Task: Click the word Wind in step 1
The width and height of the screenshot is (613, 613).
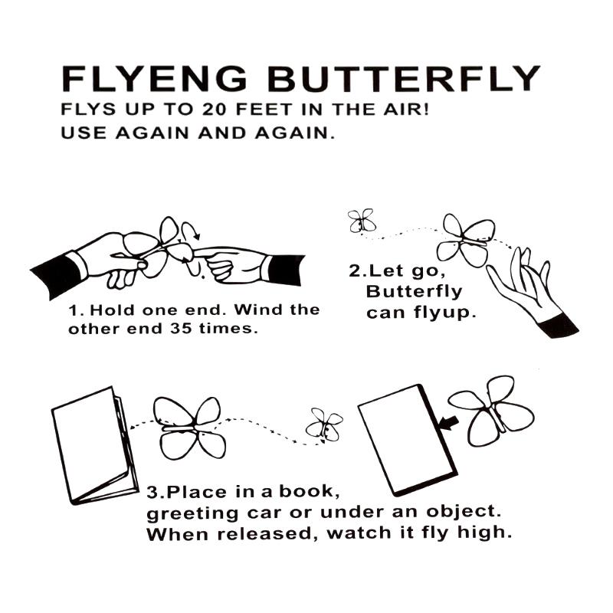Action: tap(252, 311)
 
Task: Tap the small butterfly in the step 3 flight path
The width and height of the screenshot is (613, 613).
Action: tap(325, 425)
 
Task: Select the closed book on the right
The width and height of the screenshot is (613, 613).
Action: tap(406, 439)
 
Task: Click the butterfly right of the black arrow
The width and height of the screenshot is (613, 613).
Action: tap(490, 410)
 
